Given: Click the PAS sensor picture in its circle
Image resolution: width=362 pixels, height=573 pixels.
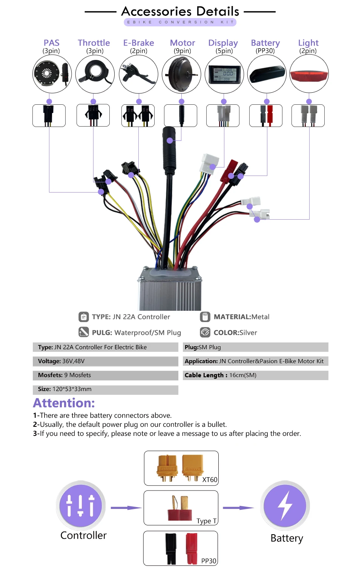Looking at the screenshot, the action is click(52, 74).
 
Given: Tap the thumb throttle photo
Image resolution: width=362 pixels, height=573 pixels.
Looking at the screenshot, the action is click(95, 74).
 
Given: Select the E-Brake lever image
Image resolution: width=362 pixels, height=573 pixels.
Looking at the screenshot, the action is click(138, 74).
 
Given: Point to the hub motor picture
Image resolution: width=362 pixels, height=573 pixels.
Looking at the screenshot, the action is click(181, 74).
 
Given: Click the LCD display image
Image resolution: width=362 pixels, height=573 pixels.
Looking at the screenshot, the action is click(224, 74).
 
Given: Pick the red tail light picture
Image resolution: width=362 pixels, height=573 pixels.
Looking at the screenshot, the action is click(309, 74).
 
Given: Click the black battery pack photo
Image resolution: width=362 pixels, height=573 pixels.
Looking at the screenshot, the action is click(267, 74).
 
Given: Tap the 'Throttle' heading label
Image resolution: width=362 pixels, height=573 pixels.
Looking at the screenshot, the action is click(94, 43).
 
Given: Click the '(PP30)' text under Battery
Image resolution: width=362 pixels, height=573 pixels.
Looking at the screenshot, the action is click(265, 51).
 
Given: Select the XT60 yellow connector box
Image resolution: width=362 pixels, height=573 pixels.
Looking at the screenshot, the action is click(181, 468).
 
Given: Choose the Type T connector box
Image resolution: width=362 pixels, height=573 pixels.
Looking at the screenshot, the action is click(181, 508).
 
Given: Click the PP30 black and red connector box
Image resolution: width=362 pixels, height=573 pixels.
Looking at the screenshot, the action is click(181, 548).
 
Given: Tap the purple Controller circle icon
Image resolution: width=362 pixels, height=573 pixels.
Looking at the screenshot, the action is click(81, 506).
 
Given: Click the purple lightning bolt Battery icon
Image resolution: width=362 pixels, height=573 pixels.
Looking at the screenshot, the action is click(285, 506).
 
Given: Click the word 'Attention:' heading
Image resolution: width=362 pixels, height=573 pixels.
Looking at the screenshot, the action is click(64, 403).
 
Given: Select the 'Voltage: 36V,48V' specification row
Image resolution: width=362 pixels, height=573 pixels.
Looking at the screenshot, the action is click(105, 361).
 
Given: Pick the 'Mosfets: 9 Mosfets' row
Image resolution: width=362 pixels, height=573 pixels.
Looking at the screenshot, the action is click(105, 375).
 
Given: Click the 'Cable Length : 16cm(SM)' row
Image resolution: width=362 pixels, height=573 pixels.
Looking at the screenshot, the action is click(255, 375).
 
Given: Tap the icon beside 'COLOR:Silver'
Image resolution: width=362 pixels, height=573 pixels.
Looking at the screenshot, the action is click(205, 332).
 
